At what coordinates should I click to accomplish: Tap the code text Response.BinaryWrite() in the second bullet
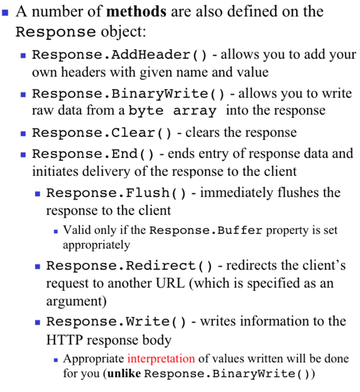(128, 94)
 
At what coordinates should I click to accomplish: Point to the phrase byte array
(176, 111)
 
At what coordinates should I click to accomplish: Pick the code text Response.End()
(93, 154)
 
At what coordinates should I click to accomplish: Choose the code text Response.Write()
(116, 322)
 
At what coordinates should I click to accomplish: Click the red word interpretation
(160, 359)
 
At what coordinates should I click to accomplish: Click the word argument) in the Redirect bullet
(76, 301)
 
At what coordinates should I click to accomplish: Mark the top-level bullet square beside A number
(7, 11)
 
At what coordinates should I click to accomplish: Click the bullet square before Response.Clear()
(23, 133)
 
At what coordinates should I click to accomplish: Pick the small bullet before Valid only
(56, 230)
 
